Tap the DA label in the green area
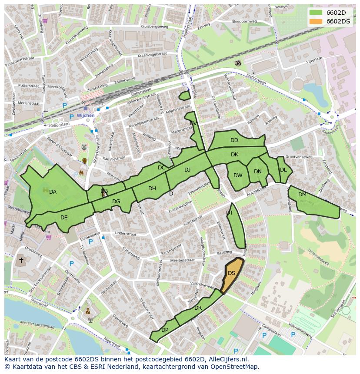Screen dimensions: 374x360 click(53, 192)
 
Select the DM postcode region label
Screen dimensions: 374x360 click(302, 195)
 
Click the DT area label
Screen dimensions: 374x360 click(230, 213)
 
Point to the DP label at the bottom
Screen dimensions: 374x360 click(165, 330)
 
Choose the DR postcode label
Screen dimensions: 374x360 click(198, 308)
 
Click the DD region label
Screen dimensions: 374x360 click(234, 140)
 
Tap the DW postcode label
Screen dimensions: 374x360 click(238, 175)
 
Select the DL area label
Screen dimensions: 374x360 click(283, 170)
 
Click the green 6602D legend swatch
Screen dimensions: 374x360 click(316, 13)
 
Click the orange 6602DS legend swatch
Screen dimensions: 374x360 click(316, 21)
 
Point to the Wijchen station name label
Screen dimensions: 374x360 click(86, 116)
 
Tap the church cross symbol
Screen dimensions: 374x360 click(21, 261)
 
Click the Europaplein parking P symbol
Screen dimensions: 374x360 click(90, 242)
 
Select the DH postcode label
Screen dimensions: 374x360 click(152, 189)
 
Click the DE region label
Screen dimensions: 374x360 click(64, 218)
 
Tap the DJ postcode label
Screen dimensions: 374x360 click(187, 170)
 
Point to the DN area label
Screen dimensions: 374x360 click(258, 172)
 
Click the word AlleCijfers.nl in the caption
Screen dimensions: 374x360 click(228, 359)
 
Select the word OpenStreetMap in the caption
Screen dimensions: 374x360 click(235, 367)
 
